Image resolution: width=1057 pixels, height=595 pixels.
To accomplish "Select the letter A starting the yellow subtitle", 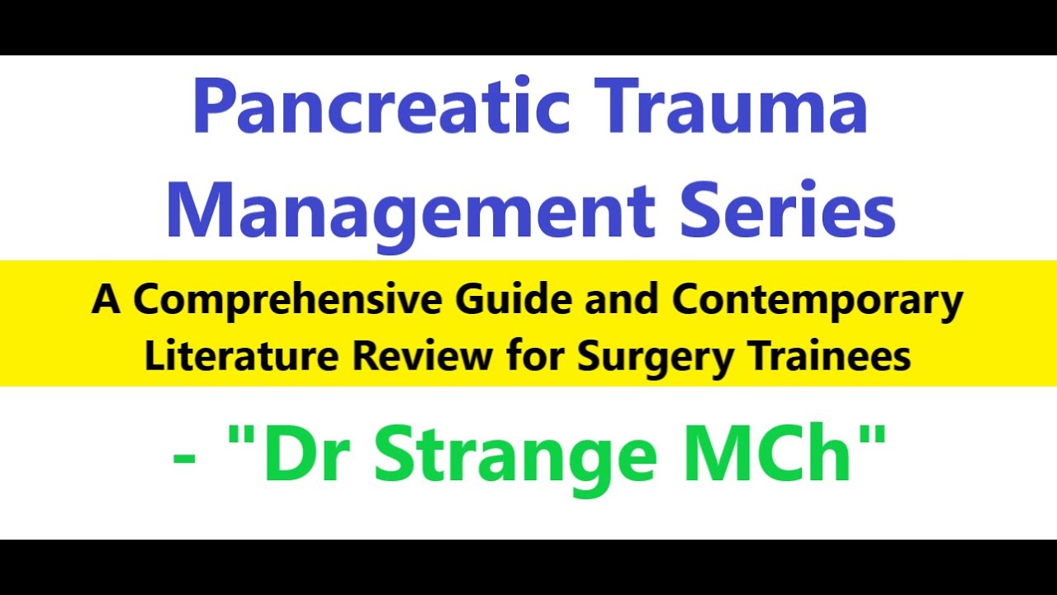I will pyautogui.click(x=106, y=301).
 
